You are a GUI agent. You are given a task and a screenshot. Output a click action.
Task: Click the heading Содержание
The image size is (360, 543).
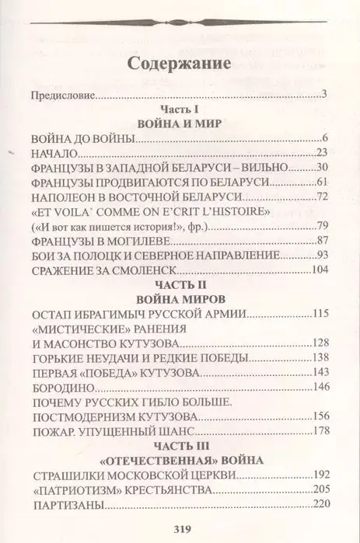180,63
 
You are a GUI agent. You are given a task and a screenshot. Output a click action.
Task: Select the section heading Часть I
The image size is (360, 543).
180,110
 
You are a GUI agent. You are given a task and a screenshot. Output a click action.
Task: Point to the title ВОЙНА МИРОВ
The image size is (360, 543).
180,298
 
